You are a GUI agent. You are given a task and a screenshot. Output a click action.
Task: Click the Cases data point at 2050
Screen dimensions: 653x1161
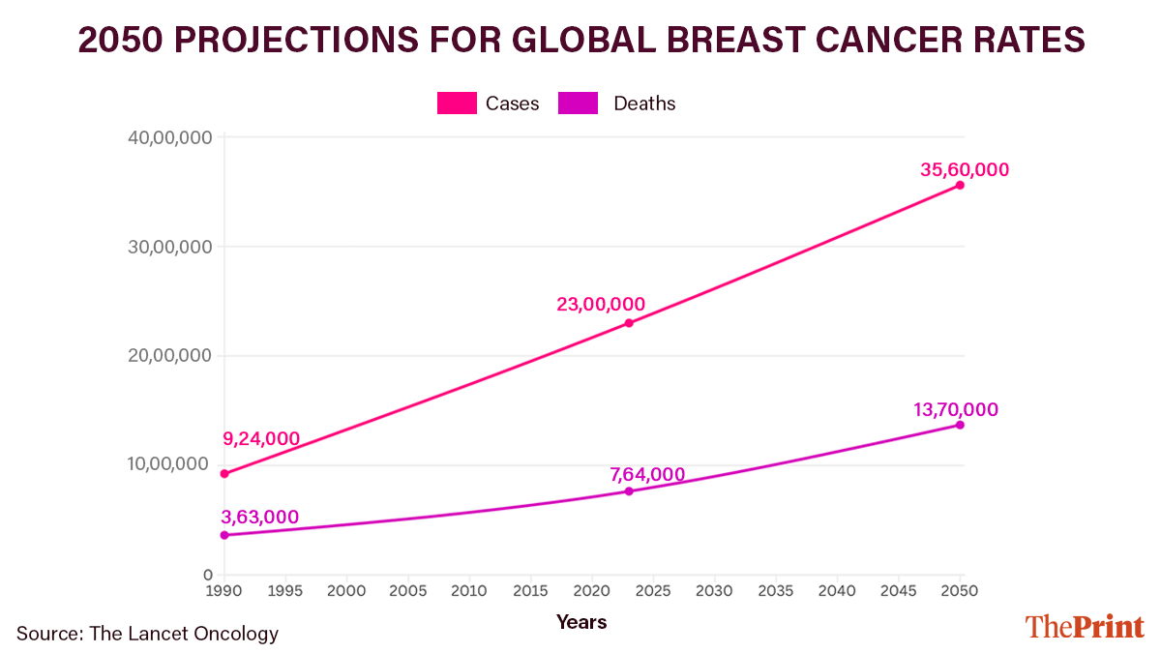click(960, 185)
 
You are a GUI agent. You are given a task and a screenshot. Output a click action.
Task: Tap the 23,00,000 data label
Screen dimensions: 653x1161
click(600, 304)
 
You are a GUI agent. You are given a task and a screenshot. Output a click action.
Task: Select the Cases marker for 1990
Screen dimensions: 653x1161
click(224, 474)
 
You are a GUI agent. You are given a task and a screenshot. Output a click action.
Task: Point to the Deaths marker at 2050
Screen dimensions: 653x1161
click(960, 425)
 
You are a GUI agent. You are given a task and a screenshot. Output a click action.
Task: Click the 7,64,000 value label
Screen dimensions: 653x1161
click(647, 474)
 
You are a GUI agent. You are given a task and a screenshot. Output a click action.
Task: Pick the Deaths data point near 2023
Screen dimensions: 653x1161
click(629, 491)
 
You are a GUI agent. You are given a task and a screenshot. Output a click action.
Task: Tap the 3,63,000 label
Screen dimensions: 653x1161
click(260, 518)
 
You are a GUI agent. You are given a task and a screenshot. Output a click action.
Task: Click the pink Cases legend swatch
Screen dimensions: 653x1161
click(457, 104)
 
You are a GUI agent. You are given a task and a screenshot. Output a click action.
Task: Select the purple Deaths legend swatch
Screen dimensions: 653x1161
click(579, 104)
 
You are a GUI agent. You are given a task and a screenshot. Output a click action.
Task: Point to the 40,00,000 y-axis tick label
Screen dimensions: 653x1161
click(169, 137)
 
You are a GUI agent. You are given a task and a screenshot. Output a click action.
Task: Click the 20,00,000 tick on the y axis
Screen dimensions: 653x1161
click(169, 356)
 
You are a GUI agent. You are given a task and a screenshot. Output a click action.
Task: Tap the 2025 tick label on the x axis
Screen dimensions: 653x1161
click(653, 590)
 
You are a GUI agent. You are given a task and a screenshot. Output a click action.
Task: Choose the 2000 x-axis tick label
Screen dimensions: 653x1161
click(346, 590)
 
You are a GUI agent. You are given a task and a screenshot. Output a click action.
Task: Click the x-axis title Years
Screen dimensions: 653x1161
click(581, 622)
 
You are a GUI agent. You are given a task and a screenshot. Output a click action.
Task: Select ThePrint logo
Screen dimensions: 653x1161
click(1085, 626)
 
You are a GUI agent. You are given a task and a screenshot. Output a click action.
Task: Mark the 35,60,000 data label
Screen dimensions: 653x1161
click(965, 170)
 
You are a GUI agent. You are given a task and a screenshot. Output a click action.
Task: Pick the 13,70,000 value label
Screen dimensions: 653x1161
click(956, 410)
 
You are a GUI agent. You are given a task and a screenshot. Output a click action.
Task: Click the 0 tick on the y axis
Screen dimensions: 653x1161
click(206, 575)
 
